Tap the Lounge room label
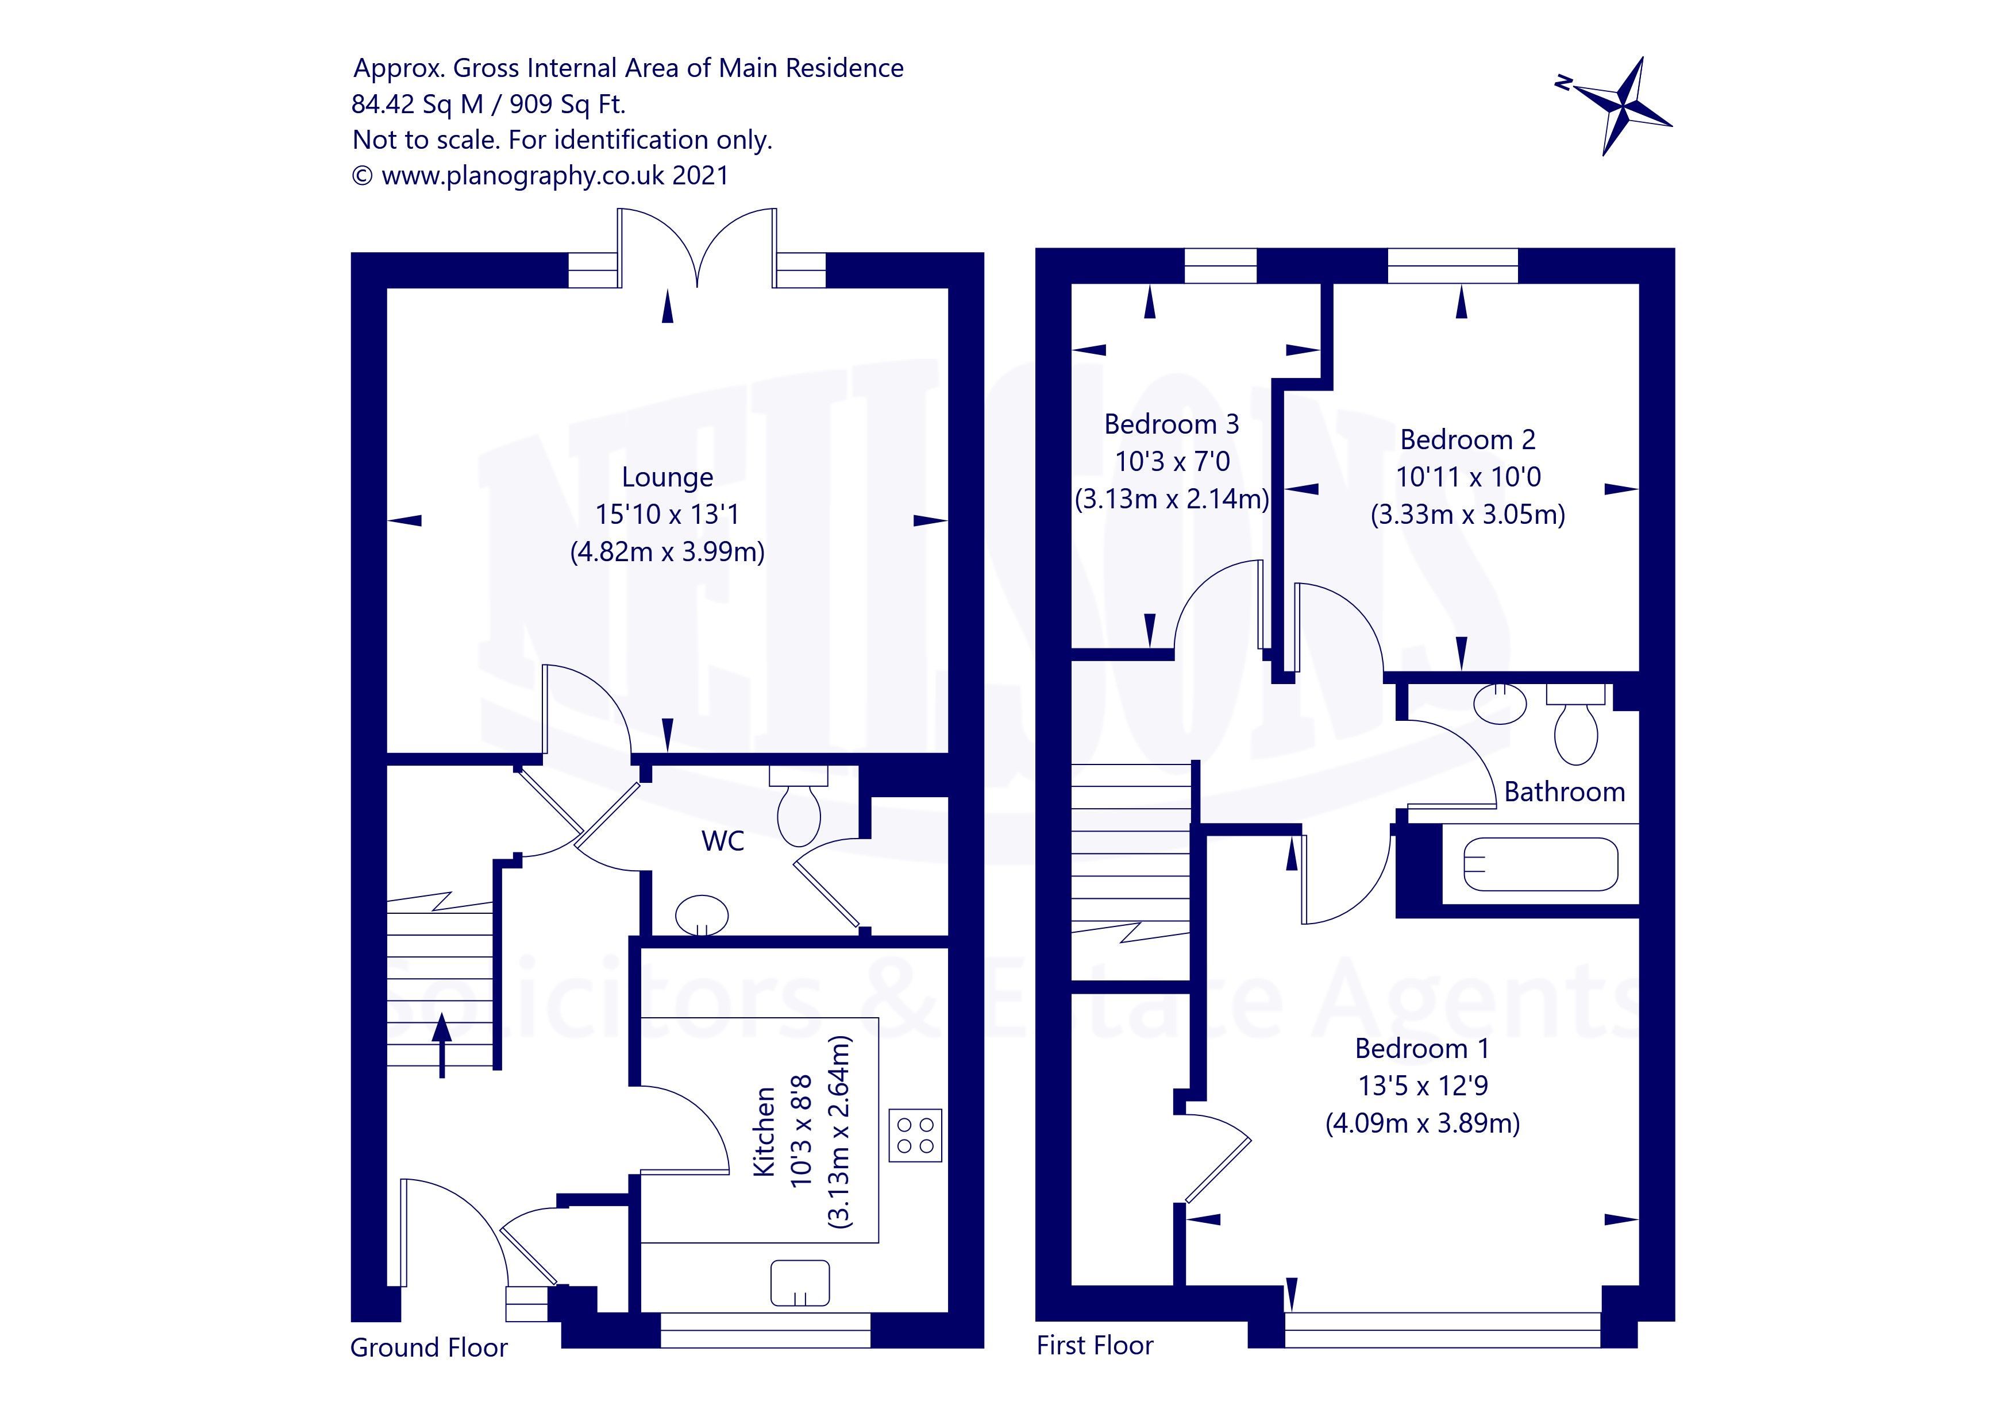click(x=667, y=477)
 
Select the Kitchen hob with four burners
click(x=915, y=1136)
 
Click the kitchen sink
click(x=799, y=1284)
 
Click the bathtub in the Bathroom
click(x=1540, y=864)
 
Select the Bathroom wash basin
click(x=1500, y=703)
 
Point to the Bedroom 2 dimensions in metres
click(x=1467, y=514)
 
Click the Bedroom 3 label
click(x=1171, y=424)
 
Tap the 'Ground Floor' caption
click(x=428, y=1348)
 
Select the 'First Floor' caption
click(x=1095, y=1345)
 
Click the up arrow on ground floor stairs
click(x=441, y=1044)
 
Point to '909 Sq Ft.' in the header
click(x=567, y=105)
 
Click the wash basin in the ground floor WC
click(x=702, y=915)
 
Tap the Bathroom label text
click(x=1564, y=793)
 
